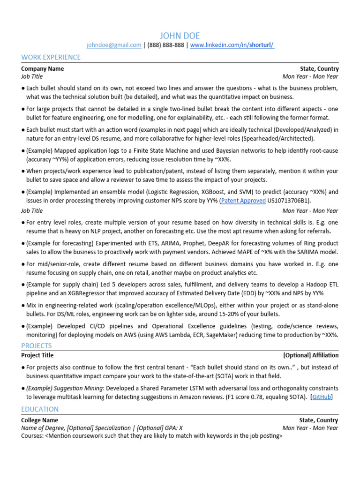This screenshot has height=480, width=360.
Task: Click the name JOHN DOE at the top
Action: click(180, 36)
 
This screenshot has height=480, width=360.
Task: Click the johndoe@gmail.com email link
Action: click(114, 45)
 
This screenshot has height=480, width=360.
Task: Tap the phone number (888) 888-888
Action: click(166, 45)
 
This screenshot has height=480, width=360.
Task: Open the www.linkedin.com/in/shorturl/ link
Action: click(232, 45)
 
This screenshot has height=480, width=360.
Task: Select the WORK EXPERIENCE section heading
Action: click(51, 57)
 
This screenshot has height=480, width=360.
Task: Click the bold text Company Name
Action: click(43, 69)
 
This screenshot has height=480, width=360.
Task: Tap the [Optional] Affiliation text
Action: click(310, 355)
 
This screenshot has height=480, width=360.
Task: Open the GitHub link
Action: click(322, 397)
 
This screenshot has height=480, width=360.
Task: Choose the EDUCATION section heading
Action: click(40, 409)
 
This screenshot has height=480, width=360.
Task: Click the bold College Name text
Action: click(40, 420)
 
